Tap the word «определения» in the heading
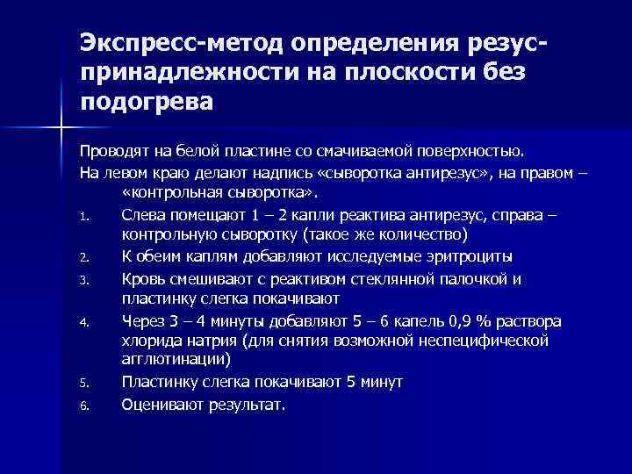point(374,43)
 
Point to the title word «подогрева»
point(147,103)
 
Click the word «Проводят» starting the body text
point(109,148)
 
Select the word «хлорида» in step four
point(151,341)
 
